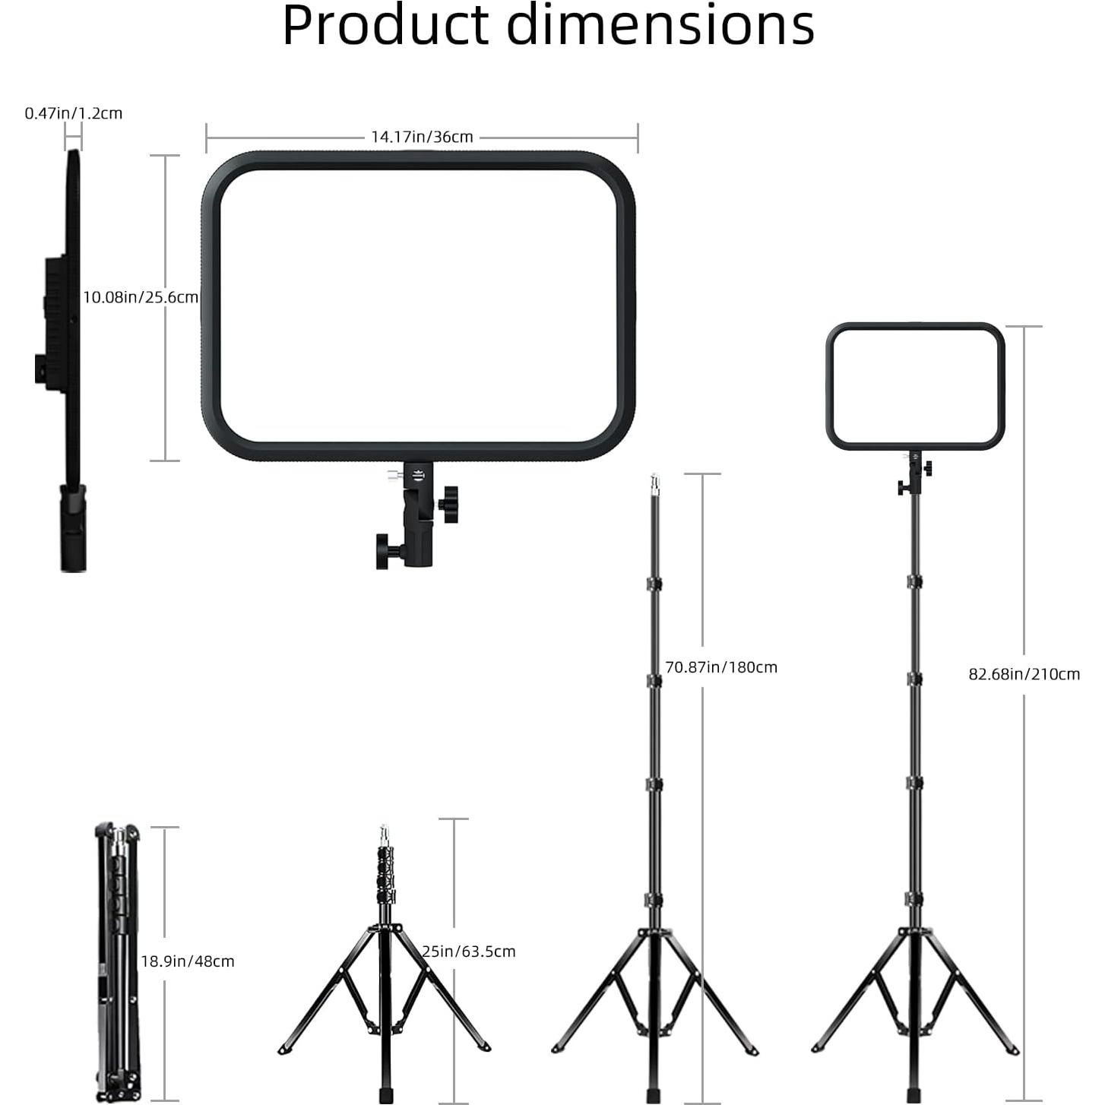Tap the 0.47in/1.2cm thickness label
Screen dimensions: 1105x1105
coord(73,113)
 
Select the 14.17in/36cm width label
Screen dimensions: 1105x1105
coord(422,137)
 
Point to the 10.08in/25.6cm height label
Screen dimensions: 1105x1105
coord(140,297)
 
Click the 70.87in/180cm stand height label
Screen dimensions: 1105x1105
coord(720,667)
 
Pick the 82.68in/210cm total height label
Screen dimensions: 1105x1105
coord(1023,674)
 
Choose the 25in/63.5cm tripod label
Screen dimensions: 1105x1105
coord(469,951)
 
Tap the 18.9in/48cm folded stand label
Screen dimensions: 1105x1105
coord(187,961)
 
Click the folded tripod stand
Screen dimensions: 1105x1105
coord(117,961)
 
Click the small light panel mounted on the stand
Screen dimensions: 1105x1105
coord(915,386)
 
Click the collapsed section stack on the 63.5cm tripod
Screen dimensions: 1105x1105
coord(386,874)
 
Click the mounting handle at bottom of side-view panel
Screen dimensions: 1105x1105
coord(73,528)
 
